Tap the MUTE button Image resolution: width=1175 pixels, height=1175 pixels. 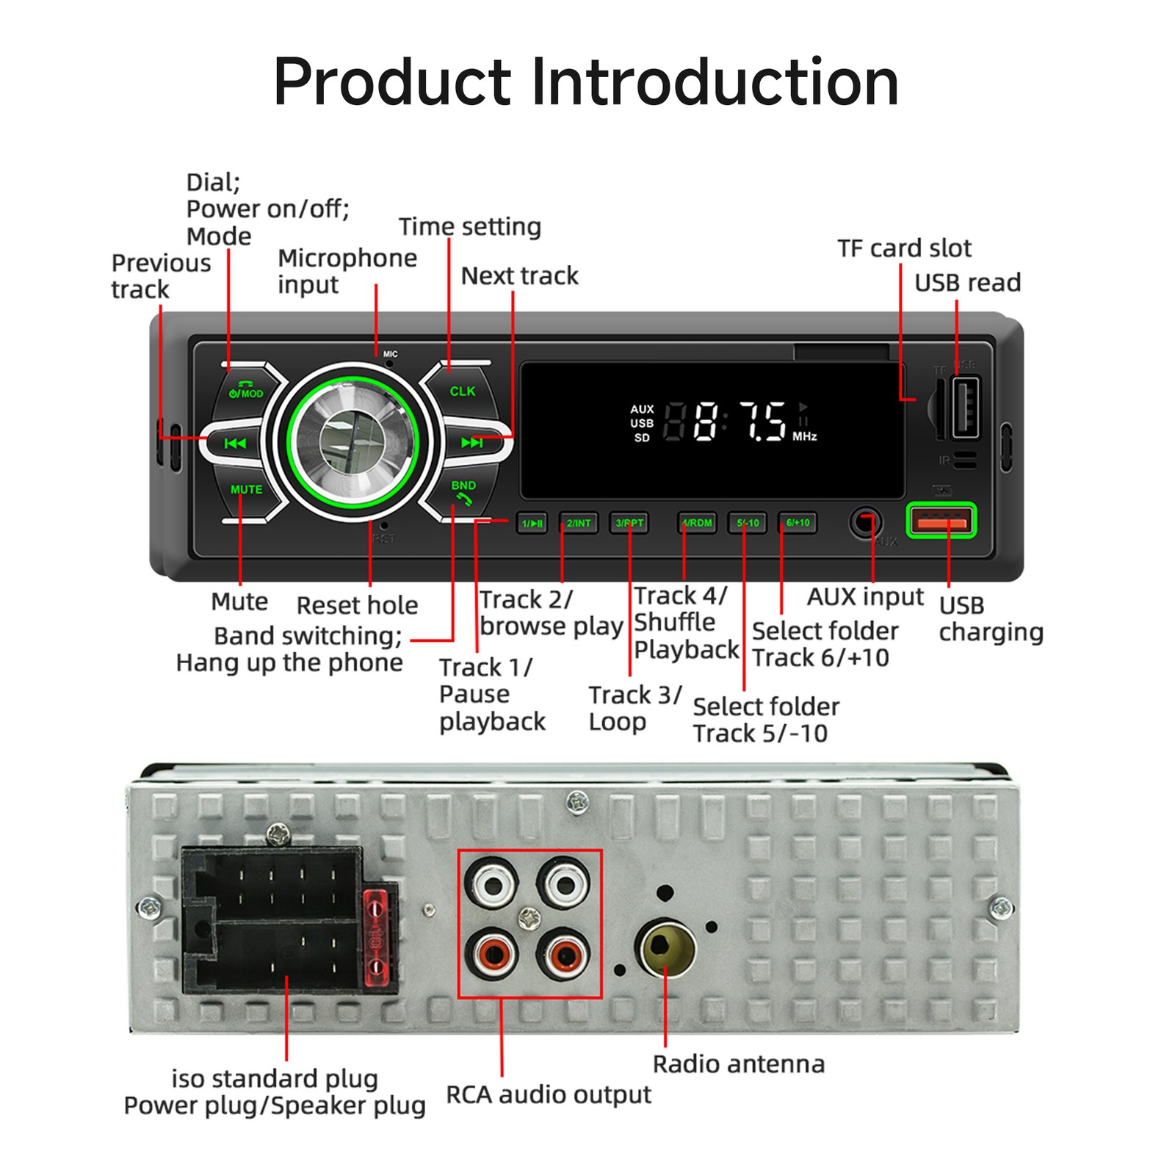click(246, 489)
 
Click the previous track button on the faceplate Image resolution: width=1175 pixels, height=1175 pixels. click(235, 443)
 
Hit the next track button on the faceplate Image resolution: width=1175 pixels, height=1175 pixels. click(471, 443)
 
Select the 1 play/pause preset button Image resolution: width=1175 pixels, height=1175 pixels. click(532, 523)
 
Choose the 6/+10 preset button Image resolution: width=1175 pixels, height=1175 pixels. click(798, 523)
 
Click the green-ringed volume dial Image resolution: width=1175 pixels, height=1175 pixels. click(352, 442)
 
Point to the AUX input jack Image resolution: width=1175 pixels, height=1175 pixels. click(865, 522)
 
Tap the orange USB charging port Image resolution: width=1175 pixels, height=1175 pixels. click(941, 521)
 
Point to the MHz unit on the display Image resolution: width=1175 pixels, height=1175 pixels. click(804, 436)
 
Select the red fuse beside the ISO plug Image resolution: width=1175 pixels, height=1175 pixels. click(375, 939)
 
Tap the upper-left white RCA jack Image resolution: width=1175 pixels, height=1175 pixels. click(493, 884)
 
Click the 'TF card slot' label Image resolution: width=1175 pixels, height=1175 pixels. click(904, 248)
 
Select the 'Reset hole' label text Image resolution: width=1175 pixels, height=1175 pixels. click(357, 605)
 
